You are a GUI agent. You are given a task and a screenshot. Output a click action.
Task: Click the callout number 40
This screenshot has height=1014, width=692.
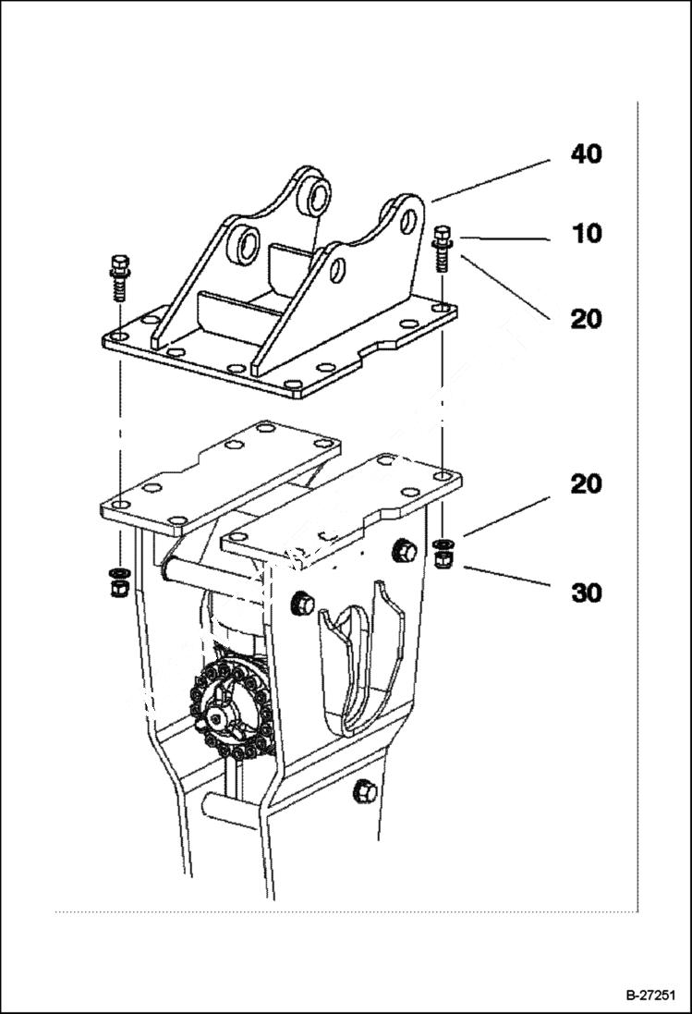[586, 153]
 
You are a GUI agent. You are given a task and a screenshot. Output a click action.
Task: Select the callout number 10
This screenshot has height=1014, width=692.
[586, 234]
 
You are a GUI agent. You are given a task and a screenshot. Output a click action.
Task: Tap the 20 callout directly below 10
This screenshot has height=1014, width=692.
[586, 319]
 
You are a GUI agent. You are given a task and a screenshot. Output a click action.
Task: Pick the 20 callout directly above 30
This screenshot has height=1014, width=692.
[586, 483]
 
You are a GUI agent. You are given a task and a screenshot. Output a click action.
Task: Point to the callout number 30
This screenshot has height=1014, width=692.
[586, 593]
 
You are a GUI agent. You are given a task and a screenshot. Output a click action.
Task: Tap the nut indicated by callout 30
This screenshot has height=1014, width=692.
[442, 557]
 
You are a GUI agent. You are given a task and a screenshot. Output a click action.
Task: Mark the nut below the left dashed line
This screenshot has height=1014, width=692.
[117, 588]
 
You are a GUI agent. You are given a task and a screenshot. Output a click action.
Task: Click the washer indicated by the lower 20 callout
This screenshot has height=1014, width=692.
[442, 543]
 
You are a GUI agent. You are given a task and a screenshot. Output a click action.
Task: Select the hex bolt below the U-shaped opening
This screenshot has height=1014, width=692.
[364, 791]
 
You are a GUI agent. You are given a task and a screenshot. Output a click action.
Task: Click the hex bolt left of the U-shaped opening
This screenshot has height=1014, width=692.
[301, 604]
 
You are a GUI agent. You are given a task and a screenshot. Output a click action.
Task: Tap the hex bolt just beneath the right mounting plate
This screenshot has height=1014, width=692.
[403, 551]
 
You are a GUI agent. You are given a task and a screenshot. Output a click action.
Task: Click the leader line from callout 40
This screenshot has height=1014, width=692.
[490, 180]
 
